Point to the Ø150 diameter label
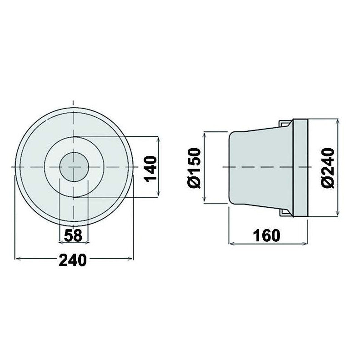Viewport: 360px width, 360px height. click(x=194, y=167)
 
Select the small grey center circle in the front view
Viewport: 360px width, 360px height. click(x=74, y=167)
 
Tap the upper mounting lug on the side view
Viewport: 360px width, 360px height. click(x=285, y=123)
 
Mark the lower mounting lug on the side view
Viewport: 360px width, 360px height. click(x=285, y=212)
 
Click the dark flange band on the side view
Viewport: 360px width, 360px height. click(x=301, y=167)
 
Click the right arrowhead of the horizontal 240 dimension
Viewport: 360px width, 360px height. click(x=132, y=259)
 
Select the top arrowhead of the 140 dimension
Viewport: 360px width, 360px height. click(x=158, y=138)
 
